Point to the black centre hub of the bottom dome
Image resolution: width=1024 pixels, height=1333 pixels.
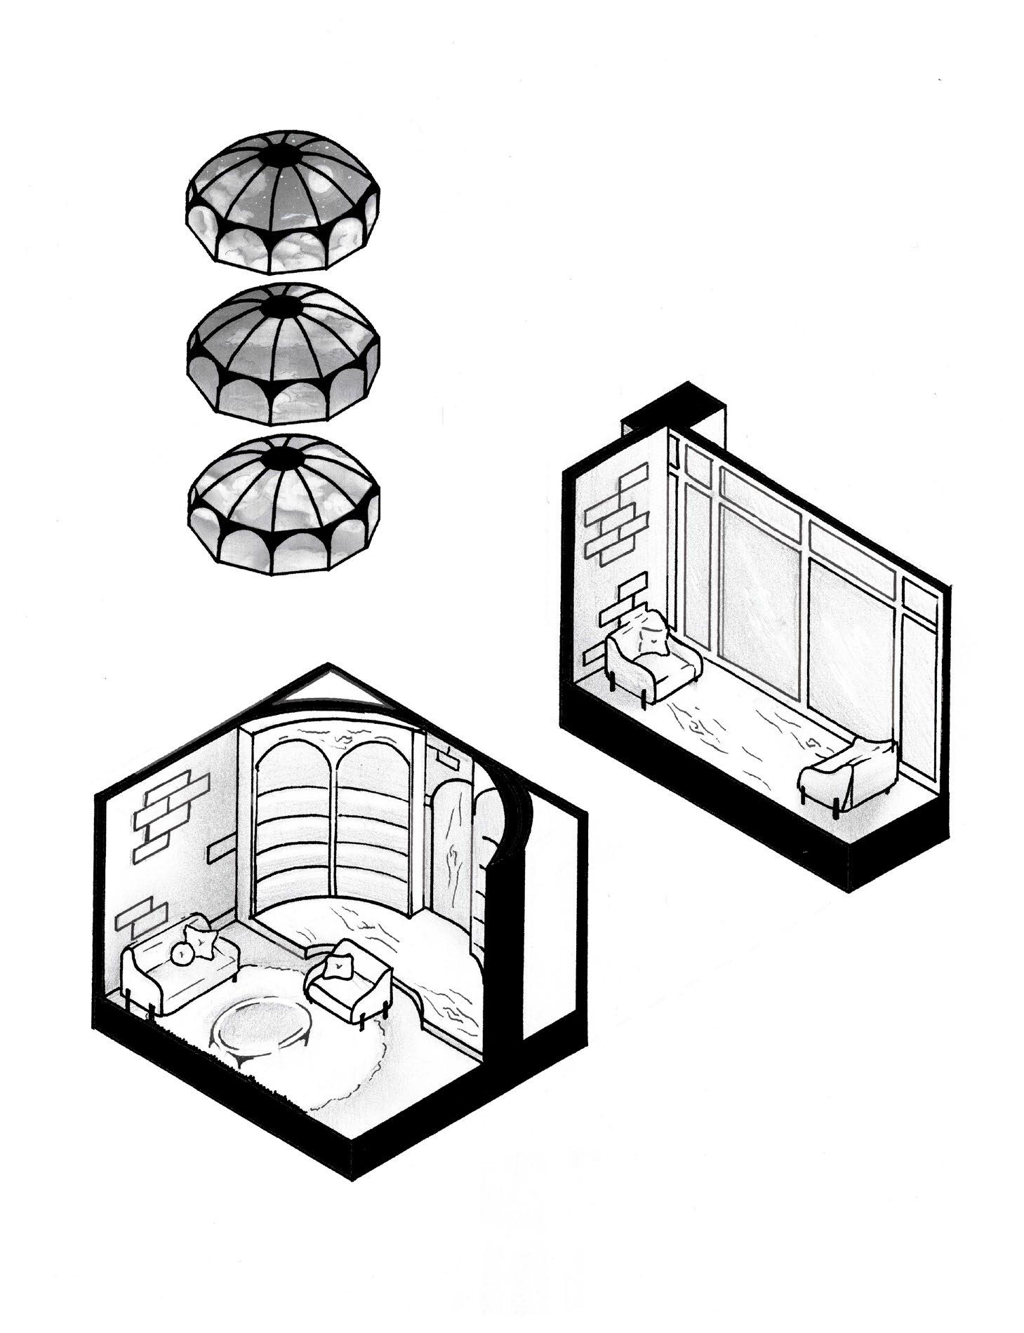point(288,460)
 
